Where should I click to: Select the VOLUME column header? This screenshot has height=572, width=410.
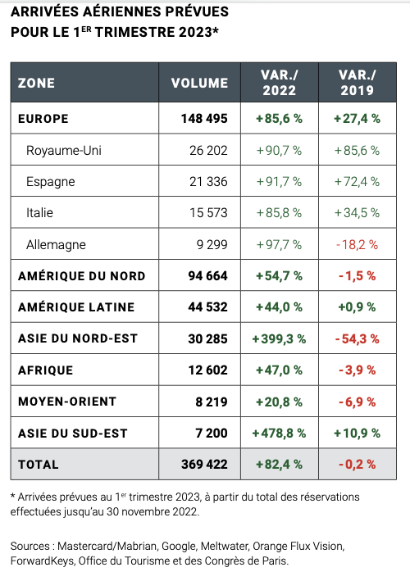click(199, 83)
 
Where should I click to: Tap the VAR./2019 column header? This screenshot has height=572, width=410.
click(357, 83)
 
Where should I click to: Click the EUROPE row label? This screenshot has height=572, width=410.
click(43, 119)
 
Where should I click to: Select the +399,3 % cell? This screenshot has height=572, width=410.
click(279, 338)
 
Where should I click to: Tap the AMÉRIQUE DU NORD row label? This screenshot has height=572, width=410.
click(81, 276)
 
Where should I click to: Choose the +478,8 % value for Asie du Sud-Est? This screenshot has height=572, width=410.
click(279, 433)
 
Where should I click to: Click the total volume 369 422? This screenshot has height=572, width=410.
click(204, 465)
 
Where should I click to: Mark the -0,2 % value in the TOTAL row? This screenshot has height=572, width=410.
click(357, 465)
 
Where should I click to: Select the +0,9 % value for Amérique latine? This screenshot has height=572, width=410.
click(357, 307)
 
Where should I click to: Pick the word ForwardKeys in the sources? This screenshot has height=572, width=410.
click(43, 561)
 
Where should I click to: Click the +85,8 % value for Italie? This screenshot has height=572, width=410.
click(279, 213)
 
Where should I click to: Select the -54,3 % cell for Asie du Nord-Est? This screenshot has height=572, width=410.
click(357, 338)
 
